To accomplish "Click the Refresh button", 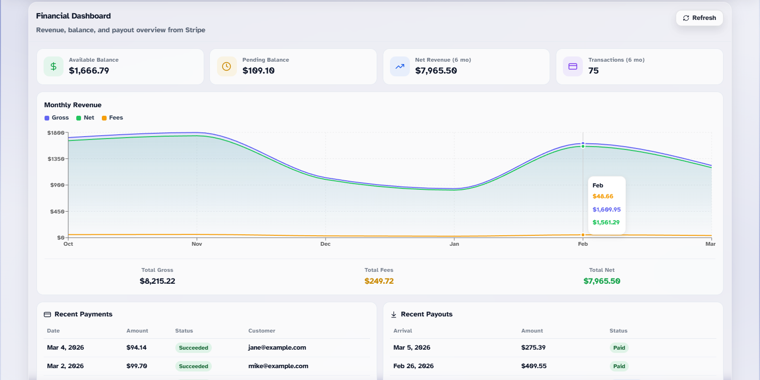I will (x=699, y=18).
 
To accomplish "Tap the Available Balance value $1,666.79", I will (x=89, y=71).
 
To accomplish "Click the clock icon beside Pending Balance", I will (x=226, y=66).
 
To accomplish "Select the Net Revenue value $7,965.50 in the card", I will (x=436, y=71).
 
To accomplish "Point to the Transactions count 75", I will (x=593, y=71).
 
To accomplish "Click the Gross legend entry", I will (x=57, y=118).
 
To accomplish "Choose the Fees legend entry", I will (x=113, y=118).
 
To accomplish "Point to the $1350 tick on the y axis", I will (x=56, y=159).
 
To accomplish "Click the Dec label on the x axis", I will (x=326, y=244).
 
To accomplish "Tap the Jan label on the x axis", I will (x=454, y=244).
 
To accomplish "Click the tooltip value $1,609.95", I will (x=606, y=210).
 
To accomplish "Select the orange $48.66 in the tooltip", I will (x=603, y=196).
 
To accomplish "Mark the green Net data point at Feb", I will (x=583, y=146).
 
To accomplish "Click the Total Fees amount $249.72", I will (x=379, y=281).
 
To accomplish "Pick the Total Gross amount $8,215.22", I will (x=157, y=281).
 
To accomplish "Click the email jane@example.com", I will (x=277, y=348).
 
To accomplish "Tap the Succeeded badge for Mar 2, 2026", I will (x=193, y=366).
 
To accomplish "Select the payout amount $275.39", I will (x=534, y=348).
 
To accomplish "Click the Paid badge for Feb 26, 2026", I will (x=619, y=366).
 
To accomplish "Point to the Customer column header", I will (x=262, y=331).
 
